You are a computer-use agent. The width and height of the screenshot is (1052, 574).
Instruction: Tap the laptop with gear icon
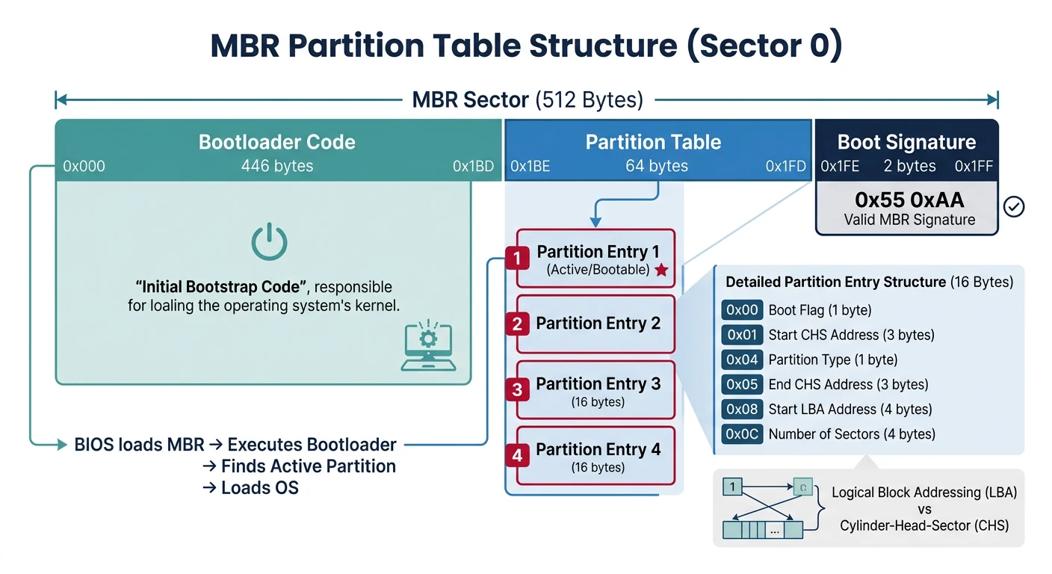pos(428,346)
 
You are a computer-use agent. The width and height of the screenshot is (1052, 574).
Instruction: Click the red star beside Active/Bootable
pos(661,270)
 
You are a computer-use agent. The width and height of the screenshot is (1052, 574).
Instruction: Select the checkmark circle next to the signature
pos(1014,206)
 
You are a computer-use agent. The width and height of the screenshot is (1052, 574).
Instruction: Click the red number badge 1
pos(516,259)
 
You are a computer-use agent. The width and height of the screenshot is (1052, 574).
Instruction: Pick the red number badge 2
pos(516,324)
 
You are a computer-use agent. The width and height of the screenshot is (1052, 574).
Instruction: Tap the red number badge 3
pos(516,389)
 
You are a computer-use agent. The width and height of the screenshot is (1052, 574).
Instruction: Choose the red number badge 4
pos(516,454)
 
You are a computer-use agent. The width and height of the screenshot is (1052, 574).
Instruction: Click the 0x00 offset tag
pos(742,310)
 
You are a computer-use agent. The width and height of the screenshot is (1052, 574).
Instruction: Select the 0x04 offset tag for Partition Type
pos(742,359)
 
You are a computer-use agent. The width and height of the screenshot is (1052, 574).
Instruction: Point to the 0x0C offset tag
pos(742,433)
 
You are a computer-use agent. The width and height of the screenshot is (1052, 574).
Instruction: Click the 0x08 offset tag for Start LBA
pos(742,409)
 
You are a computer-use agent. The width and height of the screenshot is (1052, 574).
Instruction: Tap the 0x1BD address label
pos(473,167)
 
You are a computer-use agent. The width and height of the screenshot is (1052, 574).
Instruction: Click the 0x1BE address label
pos(530,167)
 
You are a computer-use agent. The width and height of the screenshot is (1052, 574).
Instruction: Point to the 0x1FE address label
pos(840,167)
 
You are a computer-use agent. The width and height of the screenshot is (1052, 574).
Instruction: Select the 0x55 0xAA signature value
pos(909,200)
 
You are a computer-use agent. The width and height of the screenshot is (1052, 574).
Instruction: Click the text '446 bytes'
pos(277,166)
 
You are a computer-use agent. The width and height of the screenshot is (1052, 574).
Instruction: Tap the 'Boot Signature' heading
pos(906,142)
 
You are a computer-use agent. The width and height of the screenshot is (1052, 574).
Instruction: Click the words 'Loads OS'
pos(259,488)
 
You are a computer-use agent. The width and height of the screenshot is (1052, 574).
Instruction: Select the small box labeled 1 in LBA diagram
pos(732,487)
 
